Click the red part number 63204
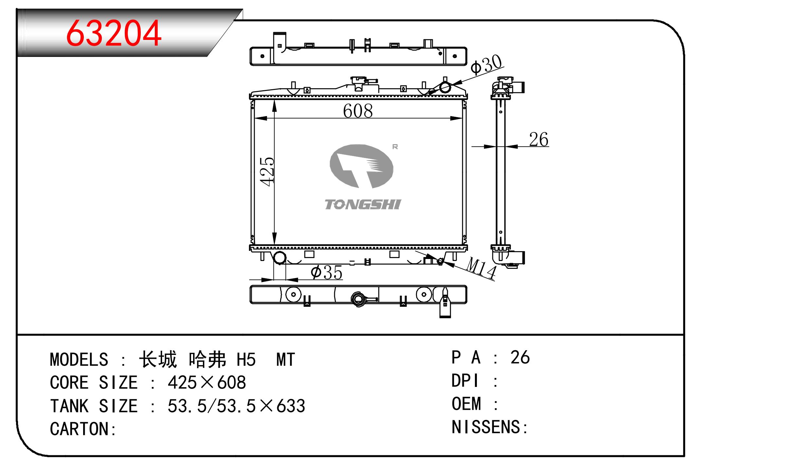(x=114, y=33)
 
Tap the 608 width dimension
(x=358, y=111)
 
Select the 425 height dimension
(x=267, y=172)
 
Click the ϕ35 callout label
(x=326, y=272)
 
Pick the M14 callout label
(x=481, y=268)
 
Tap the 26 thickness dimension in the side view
(x=539, y=140)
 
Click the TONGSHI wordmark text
(x=363, y=204)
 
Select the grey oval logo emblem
(x=361, y=166)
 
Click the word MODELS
(x=79, y=360)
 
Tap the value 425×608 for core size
(x=207, y=383)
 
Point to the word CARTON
(x=80, y=429)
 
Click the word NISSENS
(x=486, y=427)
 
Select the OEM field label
(x=466, y=404)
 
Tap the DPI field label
(x=465, y=381)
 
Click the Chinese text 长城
(x=158, y=360)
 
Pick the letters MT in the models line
(x=286, y=360)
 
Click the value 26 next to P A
(x=520, y=357)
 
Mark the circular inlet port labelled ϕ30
(x=445, y=87)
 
